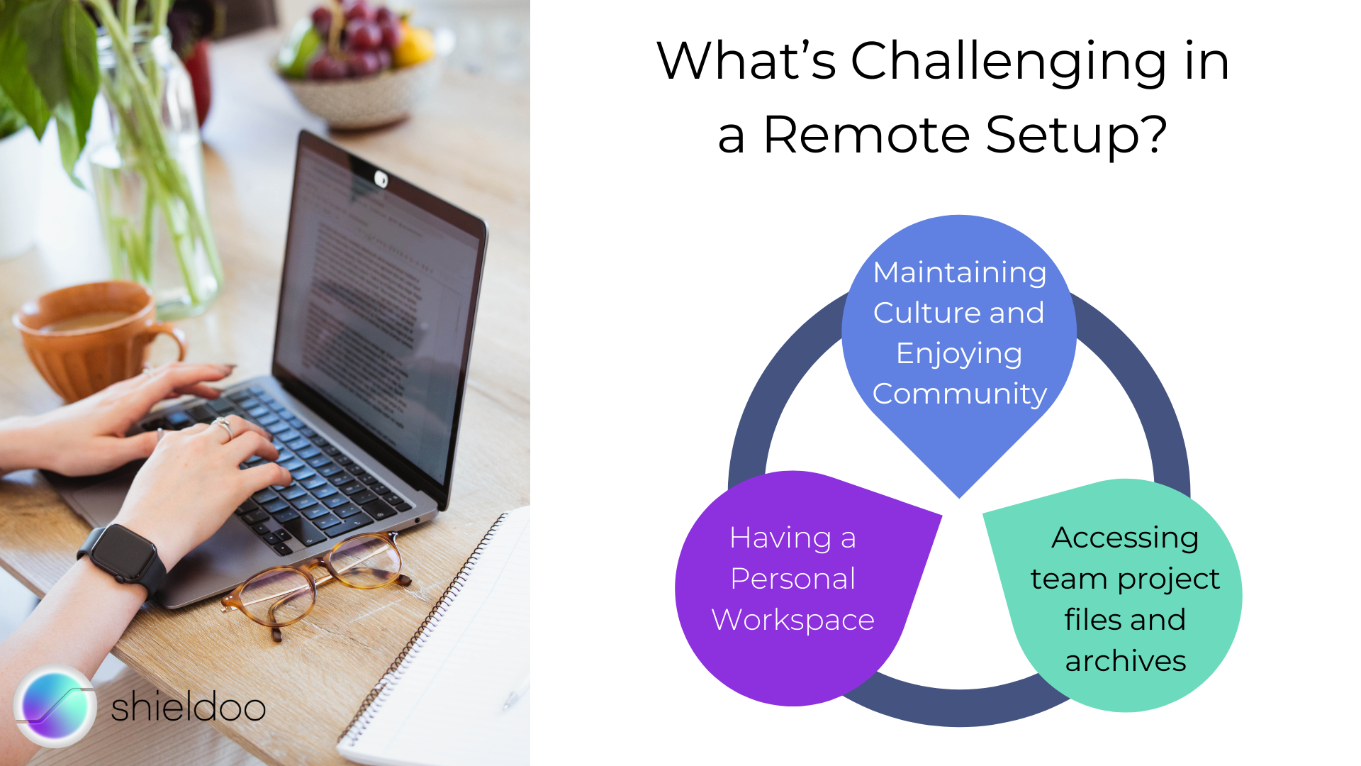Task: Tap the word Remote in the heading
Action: (x=866, y=134)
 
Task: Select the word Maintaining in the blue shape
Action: (x=959, y=273)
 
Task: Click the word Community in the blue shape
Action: (x=959, y=394)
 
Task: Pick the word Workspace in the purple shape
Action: (x=792, y=621)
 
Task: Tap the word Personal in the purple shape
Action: (x=792, y=579)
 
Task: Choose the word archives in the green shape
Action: (x=1125, y=661)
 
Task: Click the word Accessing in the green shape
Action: (x=1125, y=538)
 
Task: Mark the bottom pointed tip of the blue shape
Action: (x=959, y=498)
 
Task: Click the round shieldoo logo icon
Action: (x=55, y=706)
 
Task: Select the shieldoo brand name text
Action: (x=188, y=706)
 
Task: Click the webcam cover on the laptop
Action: (x=381, y=179)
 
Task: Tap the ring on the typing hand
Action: (x=223, y=428)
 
